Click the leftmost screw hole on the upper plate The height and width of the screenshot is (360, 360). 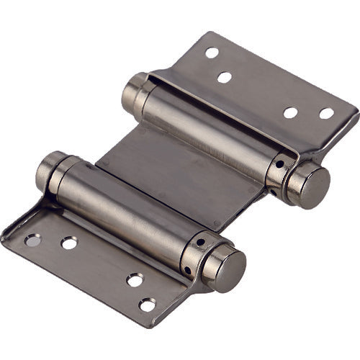pyautogui.click(x=212, y=53)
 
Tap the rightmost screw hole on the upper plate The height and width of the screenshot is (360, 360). pyautogui.click(x=327, y=114)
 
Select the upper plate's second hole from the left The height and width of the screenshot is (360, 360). pyautogui.click(x=225, y=77)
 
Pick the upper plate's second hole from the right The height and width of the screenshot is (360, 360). pyautogui.click(x=291, y=112)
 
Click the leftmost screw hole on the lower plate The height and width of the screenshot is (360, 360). pyautogui.click(x=32, y=240)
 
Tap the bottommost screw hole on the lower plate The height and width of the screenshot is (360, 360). pyautogui.click(x=147, y=305)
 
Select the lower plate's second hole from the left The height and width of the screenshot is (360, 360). pyautogui.click(x=69, y=243)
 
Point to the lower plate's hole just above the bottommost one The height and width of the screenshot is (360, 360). pyautogui.click(x=135, y=280)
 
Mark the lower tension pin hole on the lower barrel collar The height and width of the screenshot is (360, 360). pyautogui.click(x=188, y=270)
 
